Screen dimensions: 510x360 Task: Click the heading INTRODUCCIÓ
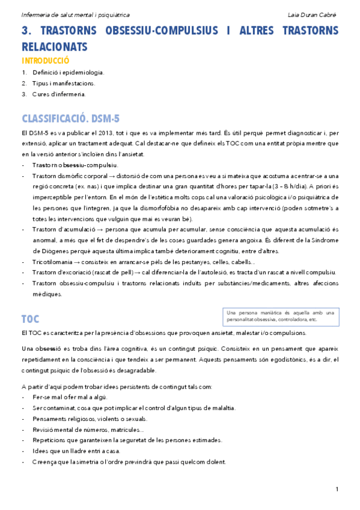(x=46, y=61)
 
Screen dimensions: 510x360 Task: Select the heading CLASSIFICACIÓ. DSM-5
(x=70, y=117)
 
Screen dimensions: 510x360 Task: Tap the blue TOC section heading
(x=31, y=318)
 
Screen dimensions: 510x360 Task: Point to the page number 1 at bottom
(x=337, y=488)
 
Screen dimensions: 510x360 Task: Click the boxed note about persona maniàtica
(x=281, y=316)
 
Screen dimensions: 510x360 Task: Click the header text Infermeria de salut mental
(x=66, y=14)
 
